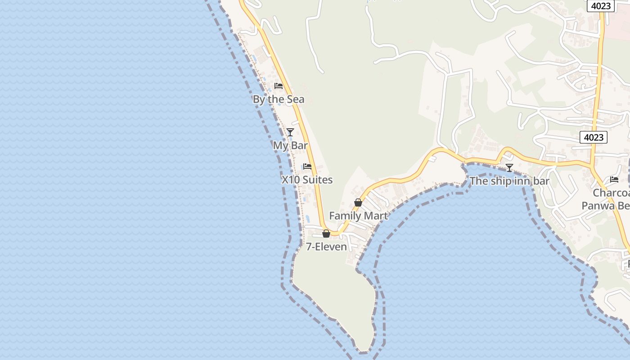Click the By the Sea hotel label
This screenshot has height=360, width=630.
tap(279, 99)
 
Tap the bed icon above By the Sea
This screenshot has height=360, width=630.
tap(279, 86)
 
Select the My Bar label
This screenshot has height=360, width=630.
tap(290, 146)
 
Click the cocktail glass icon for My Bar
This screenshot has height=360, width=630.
tap(290, 132)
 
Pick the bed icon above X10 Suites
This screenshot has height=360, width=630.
tap(307, 166)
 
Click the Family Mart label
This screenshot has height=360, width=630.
tap(358, 216)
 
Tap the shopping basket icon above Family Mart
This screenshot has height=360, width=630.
tap(358, 202)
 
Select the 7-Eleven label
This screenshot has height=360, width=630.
tap(326, 247)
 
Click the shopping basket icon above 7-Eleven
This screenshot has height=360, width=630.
tap(326, 234)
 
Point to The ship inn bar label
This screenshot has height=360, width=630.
tap(509, 181)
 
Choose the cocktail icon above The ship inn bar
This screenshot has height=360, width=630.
tap(509, 168)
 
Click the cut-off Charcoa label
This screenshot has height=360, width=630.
tap(611, 193)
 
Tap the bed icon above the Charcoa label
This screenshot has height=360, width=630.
tap(614, 180)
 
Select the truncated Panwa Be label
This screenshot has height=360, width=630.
tap(605, 206)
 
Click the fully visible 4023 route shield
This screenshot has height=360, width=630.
tap(593, 137)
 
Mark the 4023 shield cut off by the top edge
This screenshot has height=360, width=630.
tap(601, 5)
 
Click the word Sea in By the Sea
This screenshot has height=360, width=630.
tap(296, 99)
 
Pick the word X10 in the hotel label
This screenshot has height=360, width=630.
tap(291, 180)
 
